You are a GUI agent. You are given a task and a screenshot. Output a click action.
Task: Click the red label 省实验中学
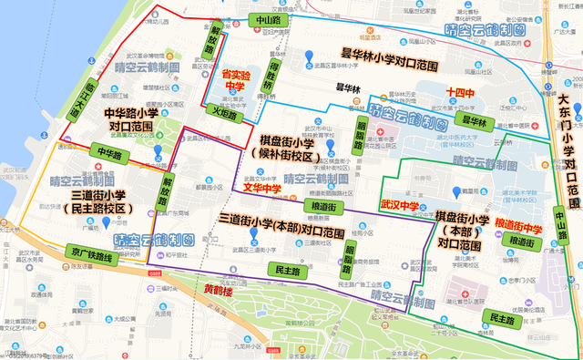tap(234, 78)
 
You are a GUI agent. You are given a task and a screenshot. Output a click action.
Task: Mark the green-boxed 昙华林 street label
tap(474, 121)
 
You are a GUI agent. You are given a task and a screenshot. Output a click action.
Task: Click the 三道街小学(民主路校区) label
tap(98, 202)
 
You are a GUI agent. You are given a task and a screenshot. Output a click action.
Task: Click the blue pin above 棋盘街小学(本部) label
tap(456, 192)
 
